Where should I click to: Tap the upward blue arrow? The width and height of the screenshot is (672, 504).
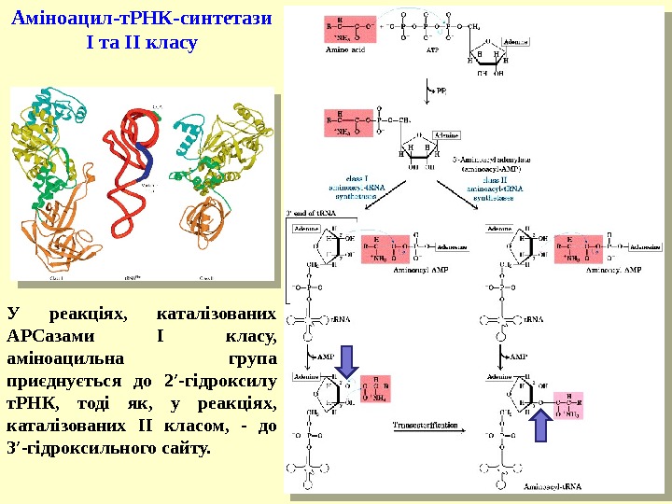(542, 427)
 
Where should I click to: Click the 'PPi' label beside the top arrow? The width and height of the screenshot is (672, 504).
(441, 91)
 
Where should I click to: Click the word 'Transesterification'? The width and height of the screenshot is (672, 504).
(426, 425)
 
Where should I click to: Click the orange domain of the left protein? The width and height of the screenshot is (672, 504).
(56, 233)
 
